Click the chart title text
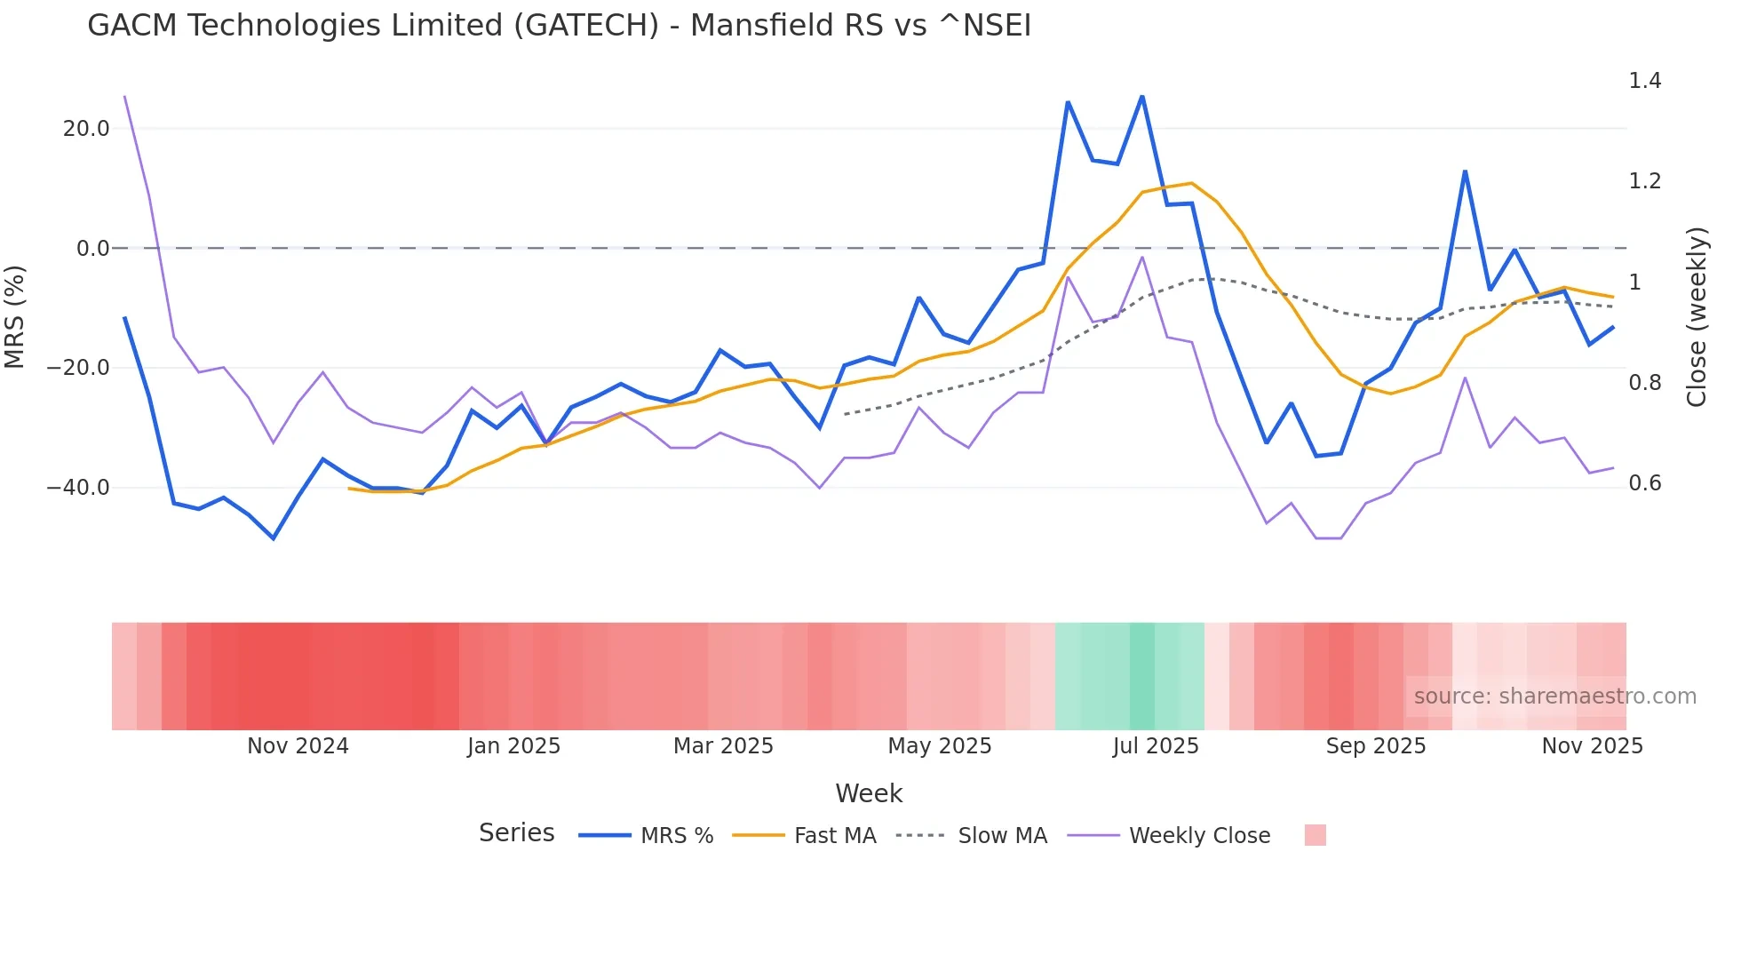coord(559,26)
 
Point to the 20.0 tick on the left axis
coord(86,129)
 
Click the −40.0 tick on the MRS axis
coord(78,488)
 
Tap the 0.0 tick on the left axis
coord(92,249)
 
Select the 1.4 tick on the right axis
coord(1644,81)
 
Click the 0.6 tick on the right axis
coord(1644,483)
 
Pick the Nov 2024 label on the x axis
coord(298,746)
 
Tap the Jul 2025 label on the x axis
coord(1155,746)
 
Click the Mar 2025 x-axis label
coord(723,746)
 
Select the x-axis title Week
coord(869,793)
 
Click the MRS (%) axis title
coord(15,316)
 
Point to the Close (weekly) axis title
coord(1697,316)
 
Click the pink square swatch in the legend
coord(1315,835)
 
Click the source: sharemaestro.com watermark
coord(1554,696)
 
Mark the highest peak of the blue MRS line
coord(1142,96)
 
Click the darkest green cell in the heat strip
coord(1142,676)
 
